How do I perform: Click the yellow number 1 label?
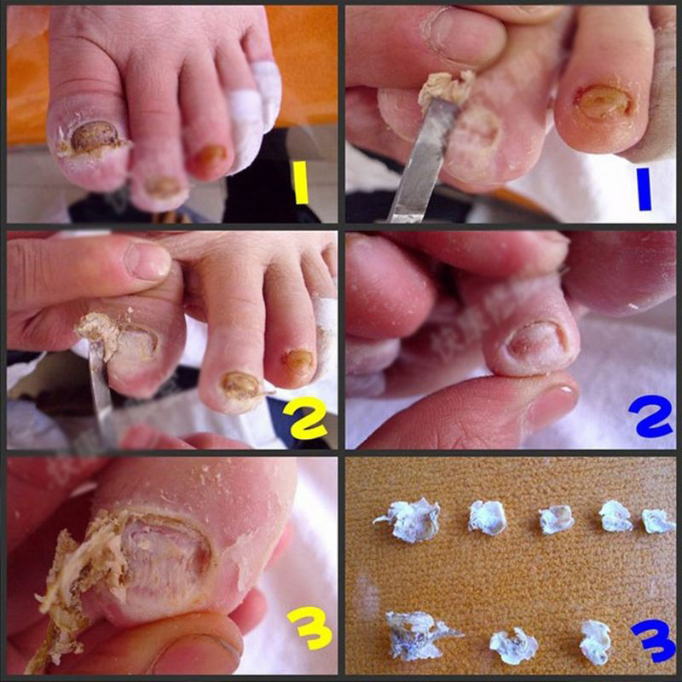pyautogui.click(x=301, y=182)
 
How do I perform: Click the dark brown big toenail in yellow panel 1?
pyautogui.click(x=95, y=136)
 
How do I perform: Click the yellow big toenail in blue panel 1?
pyautogui.click(x=603, y=102)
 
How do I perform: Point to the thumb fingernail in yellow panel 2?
pyautogui.click(x=147, y=261)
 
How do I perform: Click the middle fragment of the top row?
pyautogui.click(x=557, y=519)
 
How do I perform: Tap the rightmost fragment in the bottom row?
pyautogui.click(x=595, y=643)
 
